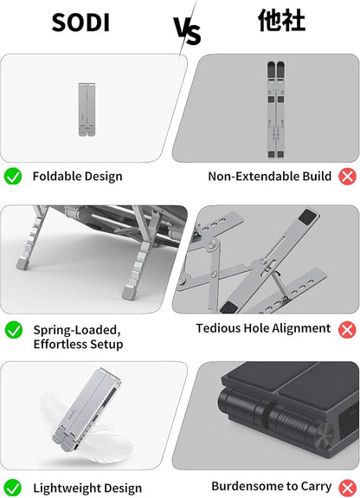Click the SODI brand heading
point(80,23)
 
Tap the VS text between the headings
point(187,31)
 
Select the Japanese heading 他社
point(281,20)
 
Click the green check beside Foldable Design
point(13,177)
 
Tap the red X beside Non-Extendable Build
point(347,177)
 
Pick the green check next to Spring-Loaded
point(14,330)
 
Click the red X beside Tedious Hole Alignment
point(347,330)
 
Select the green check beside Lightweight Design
point(13,488)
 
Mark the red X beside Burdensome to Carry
point(347,488)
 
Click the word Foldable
point(55,177)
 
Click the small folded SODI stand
point(87,110)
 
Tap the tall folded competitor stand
point(275,110)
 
